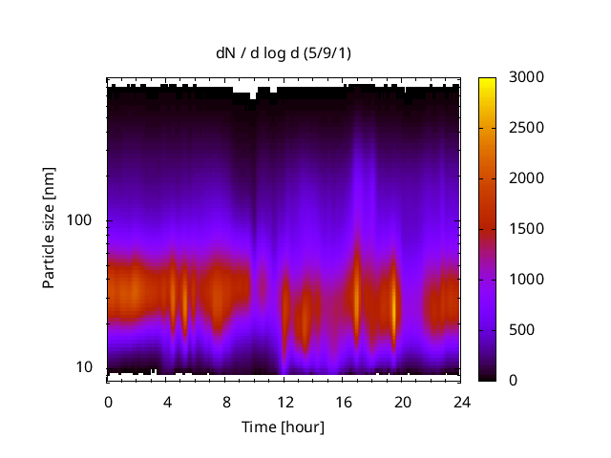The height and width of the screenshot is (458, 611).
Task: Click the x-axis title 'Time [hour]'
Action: click(283, 427)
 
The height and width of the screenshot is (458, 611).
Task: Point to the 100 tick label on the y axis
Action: click(81, 220)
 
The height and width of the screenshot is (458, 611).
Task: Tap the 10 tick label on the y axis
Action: click(85, 367)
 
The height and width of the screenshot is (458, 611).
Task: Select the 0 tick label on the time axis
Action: click(108, 402)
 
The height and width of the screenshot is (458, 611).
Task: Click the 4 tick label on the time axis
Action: click(167, 402)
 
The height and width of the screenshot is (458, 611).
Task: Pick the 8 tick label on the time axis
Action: click(225, 402)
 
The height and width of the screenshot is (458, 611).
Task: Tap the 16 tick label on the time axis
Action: click(343, 402)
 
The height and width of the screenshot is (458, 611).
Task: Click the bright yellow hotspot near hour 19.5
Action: click(393, 303)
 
